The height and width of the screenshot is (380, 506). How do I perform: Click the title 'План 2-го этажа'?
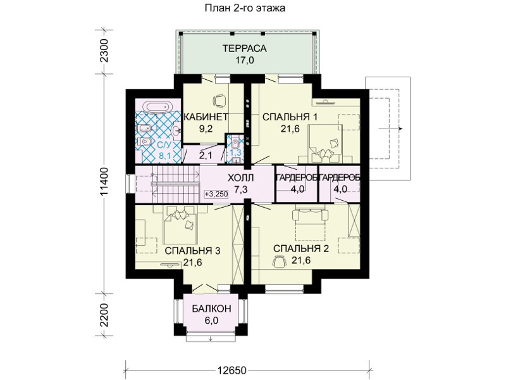click(x=245, y=8)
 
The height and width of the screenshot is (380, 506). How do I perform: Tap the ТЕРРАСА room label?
click(x=244, y=49)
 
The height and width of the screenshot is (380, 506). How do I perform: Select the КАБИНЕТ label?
click(x=206, y=117)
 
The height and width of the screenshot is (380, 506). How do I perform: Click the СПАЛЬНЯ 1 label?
click(x=290, y=117)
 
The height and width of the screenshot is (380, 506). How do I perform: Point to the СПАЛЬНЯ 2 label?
click(x=301, y=248)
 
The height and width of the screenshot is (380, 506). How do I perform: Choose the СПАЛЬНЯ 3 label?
click(x=192, y=250)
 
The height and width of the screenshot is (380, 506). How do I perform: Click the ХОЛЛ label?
click(x=241, y=178)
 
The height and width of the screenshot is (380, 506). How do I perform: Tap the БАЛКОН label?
click(x=211, y=308)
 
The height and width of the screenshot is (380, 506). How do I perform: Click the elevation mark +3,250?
click(x=216, y=194)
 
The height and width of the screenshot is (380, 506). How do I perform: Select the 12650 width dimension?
click(x=231, y=370)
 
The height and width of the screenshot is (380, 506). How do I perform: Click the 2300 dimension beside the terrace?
click(x=104, y=51)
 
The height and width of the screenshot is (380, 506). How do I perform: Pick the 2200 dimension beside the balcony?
click(x=104, y=315)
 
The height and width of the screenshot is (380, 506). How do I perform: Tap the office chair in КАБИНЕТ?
click(x=219, y=100)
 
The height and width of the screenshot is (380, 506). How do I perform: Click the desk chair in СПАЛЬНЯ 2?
click(x=280, y=261)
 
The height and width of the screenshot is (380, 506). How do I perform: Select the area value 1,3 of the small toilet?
click(x=235, y=152)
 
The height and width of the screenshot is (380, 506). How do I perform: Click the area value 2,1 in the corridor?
click(x=206, y=156)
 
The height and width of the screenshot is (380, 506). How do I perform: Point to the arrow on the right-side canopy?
click(x=391, y=129)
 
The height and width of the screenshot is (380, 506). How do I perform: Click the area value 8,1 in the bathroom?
click(x=164, y=156)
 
